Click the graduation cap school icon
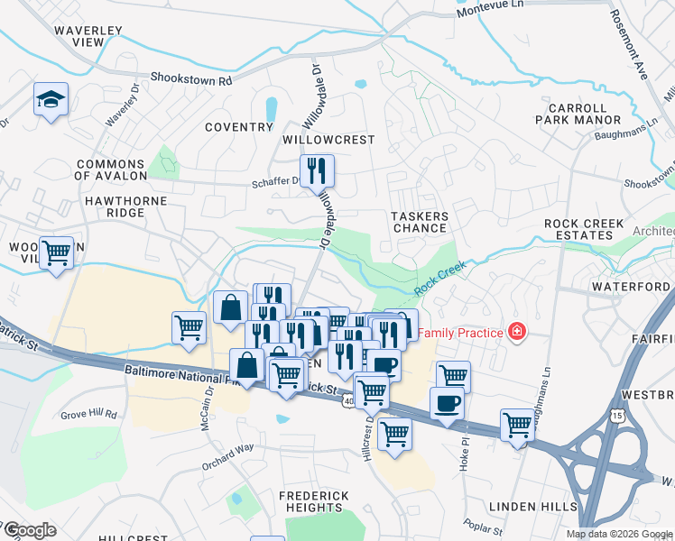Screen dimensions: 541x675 pyautogui.click(x=51, y=100)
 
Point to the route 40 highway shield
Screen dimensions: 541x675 pyautogui.click(x=348, y=400)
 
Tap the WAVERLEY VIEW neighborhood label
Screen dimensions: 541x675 pyautogui.click(x=88, y=36)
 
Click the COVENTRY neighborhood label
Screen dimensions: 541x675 pyautogui.click(x=238, y=127)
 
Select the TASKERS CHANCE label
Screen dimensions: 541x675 pyautogui.click(x=420, y=222)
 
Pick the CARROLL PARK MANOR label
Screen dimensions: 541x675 pyautogui.click(x=578, y=113)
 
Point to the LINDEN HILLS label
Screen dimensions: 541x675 pyautogui.click(x=531, y=507)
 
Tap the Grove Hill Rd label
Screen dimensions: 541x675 pyautogui.click(x=89, y=415)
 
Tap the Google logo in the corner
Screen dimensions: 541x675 pyautogui.click(x=29, y=529)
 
